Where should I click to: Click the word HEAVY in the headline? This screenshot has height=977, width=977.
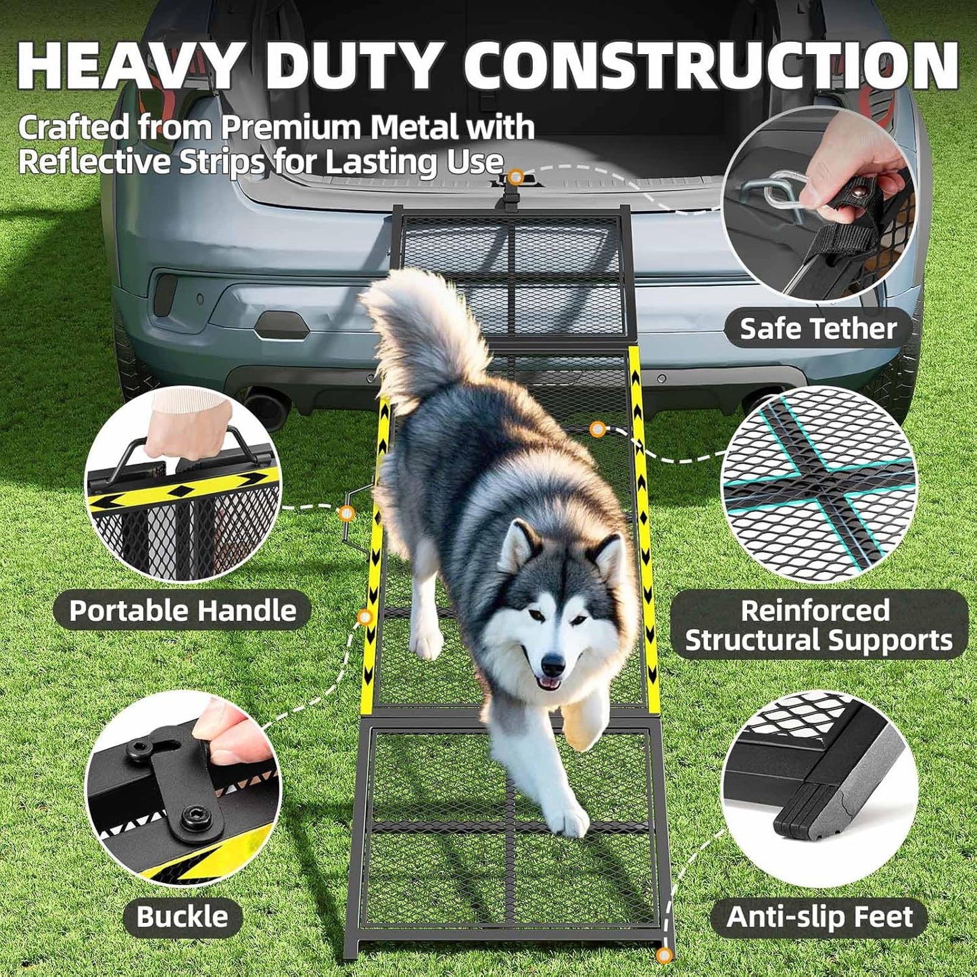[128, 66]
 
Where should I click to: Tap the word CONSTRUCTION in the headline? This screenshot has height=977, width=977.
[710, 66]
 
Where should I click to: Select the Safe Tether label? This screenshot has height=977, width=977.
[818, 329]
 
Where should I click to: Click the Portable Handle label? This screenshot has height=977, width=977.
[183, 611]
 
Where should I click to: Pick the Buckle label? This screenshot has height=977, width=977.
[183, 917]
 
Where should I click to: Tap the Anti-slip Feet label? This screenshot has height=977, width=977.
[819, 918]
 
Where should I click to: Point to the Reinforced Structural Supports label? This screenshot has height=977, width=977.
[818, 625]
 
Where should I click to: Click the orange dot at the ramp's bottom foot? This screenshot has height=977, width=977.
[665, 955]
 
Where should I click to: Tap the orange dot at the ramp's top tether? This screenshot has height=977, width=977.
[516, 177]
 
